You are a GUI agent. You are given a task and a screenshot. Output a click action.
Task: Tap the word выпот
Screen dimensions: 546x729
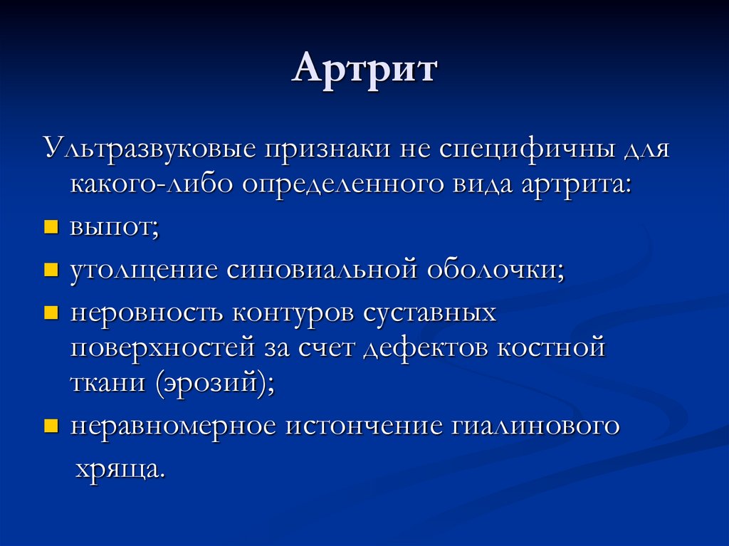113,228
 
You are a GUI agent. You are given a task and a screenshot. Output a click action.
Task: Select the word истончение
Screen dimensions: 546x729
363,426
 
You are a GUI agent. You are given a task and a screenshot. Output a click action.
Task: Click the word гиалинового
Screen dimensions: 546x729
535,426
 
